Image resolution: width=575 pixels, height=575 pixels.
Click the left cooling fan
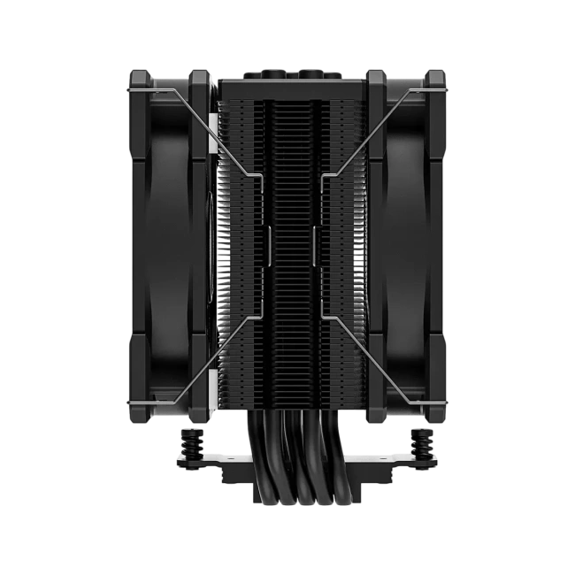pos(168,243)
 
